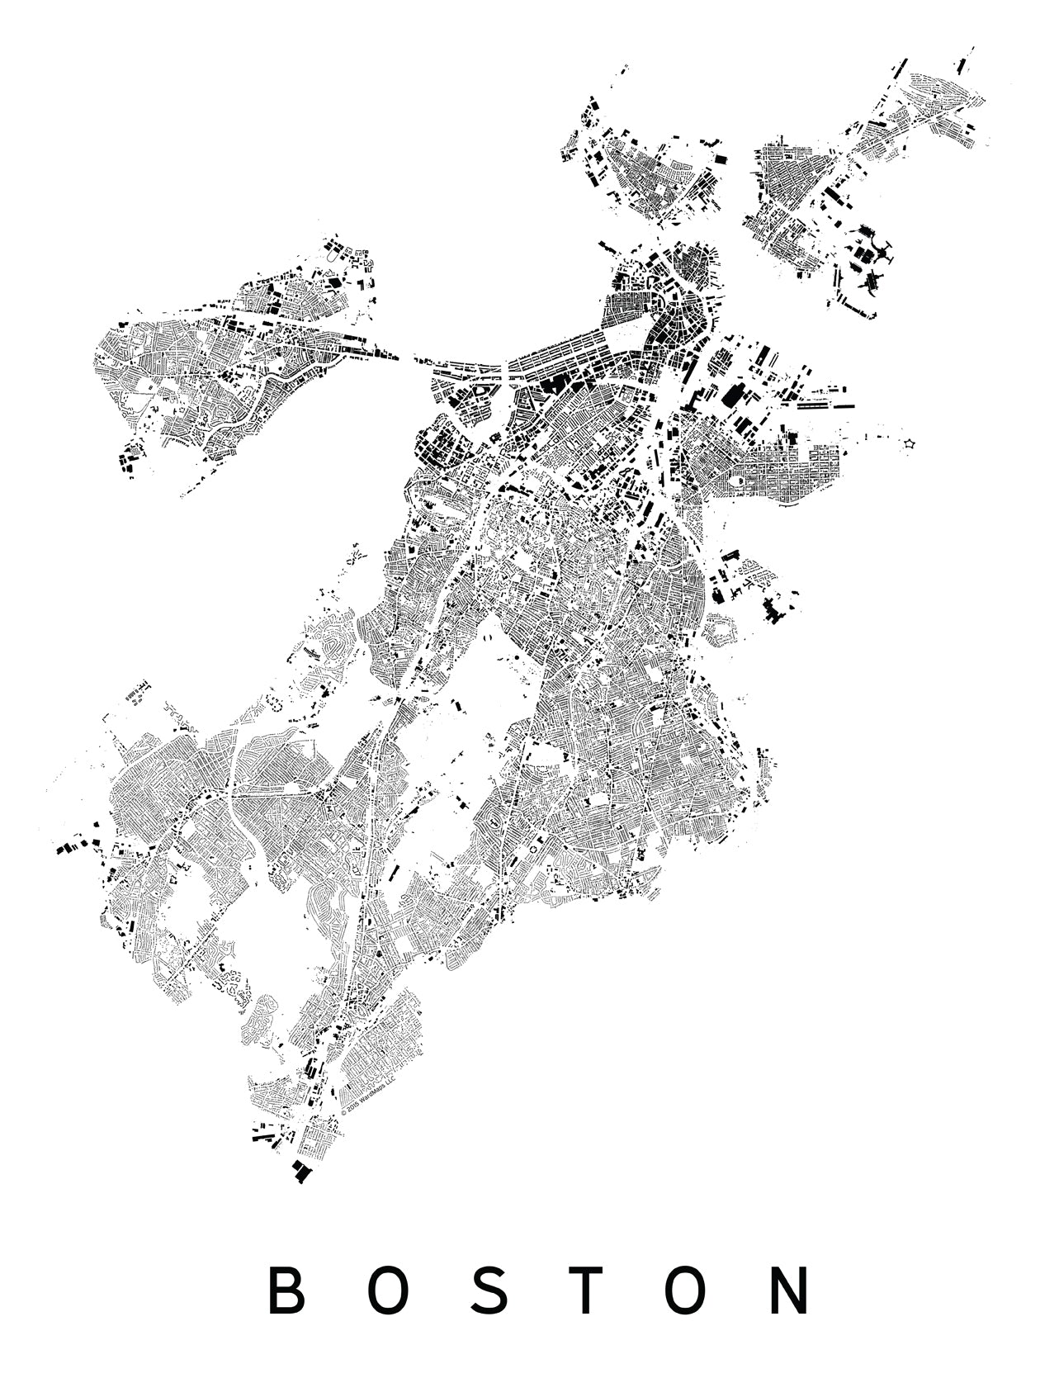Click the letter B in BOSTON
[x=285, y=1291]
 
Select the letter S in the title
[x=489, y=1291]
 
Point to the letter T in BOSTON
[x=588, y=1291]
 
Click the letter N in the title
[x=789, y=1291]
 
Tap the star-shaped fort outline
[x=910, y=444]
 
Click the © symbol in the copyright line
[x=343, y=1112]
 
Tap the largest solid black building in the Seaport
[x=730, y=395]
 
